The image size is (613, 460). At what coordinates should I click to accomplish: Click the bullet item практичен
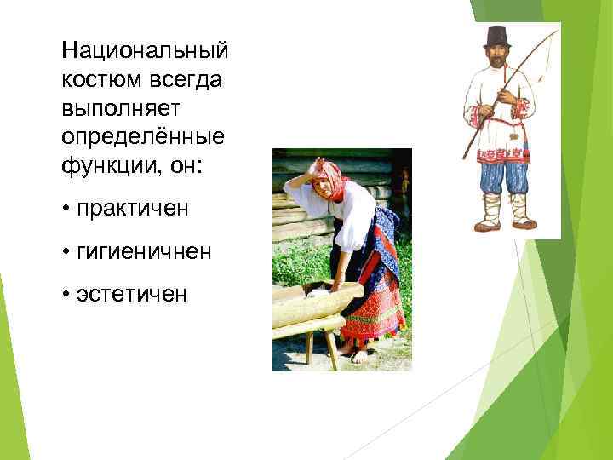point(129,208)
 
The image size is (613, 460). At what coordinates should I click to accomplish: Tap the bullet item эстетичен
point(128,295)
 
